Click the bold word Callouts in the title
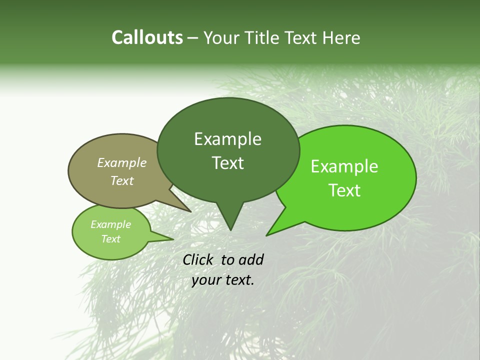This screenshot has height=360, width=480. pyautogui.click(x=147, y=37)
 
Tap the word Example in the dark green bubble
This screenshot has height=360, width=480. pyautogui.click(x=227, y=139)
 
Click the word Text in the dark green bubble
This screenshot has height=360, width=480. pyautogui.click(x=227, y=163)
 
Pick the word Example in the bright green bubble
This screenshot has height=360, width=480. pyautogui.click(x=344, y=166)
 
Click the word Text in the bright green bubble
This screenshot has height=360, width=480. pyautogui.click(x=344, y=190)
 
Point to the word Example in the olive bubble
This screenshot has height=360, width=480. pyautogui.click(x=122, y=162)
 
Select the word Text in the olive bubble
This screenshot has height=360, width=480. pyautogui.click(x=122, y=180)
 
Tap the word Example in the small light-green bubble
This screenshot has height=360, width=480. pyautogui.click(x=110, y=224)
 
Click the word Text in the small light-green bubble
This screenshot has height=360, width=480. pyautogui.click(x=110, y=239)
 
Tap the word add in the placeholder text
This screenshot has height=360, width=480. pyautogui.click(x=250, y=259)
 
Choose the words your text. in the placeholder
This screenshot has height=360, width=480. pyautogui.click(x=223, y=280)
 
